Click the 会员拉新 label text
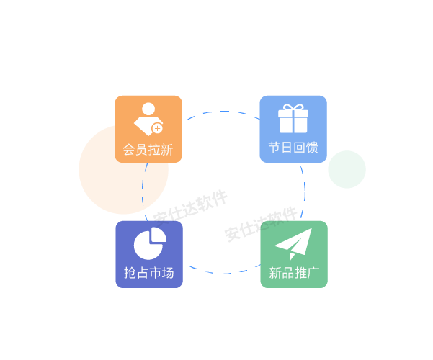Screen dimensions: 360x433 click(148, 150)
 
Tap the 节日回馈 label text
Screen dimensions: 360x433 click(293, 148)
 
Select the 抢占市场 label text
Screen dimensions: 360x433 click(148, 273)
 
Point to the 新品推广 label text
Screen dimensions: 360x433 click(293, 273)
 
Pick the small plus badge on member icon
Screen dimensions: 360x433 click(157, 128)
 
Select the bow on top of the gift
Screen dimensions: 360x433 click(293, 108)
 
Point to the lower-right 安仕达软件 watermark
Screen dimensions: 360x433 click(260, 224)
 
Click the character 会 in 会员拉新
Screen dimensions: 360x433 click(129, 150)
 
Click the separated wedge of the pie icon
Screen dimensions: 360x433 click(158, 236)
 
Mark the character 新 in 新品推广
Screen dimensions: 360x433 click(274, 273)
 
